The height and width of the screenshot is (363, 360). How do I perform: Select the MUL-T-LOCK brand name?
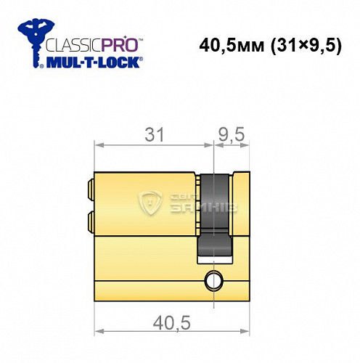93,62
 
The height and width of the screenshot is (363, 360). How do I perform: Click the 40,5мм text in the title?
232,46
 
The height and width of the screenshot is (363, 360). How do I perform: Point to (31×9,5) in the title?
306,46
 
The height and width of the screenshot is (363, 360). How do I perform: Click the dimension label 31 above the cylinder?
155,135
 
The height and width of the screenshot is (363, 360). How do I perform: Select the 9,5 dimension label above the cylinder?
232,135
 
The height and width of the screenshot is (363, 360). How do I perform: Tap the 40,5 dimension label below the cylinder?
171,324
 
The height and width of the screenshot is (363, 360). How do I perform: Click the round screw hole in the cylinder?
213,280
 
